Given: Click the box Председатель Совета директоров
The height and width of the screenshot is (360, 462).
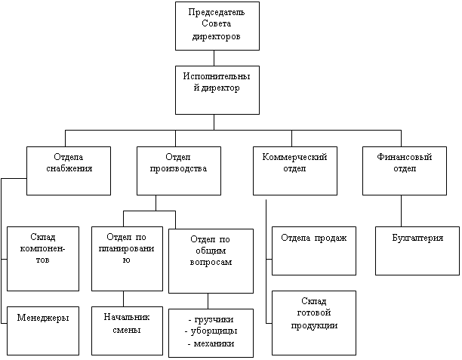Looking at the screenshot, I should [216, 26].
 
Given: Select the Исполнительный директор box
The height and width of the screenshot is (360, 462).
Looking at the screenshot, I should [216, 89].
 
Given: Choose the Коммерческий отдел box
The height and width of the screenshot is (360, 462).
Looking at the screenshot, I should [294, 170].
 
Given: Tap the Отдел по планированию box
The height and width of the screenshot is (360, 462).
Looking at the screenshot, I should [127, 257].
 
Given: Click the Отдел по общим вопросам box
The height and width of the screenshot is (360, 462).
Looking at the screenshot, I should [211, 260].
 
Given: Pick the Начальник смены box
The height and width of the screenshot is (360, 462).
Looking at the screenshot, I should [127, 330].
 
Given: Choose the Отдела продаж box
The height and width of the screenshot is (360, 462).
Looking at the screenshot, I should [313, 249].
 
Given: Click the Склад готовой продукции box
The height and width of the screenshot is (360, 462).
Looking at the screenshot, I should [313, 322].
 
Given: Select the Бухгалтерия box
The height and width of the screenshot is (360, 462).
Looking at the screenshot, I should [417, 249].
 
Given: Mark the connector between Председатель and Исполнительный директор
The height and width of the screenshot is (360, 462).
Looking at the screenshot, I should [216, 57].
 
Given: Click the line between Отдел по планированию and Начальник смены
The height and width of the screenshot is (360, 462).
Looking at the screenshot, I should [122, 298].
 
